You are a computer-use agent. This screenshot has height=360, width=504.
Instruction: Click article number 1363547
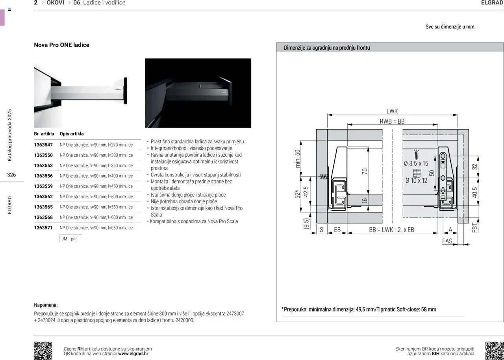click(x=43, y=145)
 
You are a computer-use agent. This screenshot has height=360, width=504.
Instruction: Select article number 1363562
click(x=43, y=197)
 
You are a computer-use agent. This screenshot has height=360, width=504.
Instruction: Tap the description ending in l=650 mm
click(x=96, y=228)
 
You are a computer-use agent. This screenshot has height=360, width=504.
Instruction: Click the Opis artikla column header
click(x=72, y=134)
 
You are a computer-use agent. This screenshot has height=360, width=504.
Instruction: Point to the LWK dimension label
click(x=392, y=111)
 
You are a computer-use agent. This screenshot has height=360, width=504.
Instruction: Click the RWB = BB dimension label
click(x=392, y=122)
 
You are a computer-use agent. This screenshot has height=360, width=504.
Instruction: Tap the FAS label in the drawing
click(x=447, y=241)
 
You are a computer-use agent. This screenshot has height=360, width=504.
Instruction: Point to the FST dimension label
click(x=475, y=227)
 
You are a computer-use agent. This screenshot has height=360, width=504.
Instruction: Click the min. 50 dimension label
click(x=298, y=159)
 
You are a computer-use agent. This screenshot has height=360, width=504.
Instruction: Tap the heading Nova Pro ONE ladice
click(x=62, y=45)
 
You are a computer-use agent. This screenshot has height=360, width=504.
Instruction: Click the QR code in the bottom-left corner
click(x=43, y=351)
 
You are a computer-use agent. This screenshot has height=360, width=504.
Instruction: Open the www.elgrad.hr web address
click(x=133, y=354)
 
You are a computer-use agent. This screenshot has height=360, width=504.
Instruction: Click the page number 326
click(x=11, y=174)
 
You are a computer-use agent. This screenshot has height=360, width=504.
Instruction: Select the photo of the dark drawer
click(x=198, y=93)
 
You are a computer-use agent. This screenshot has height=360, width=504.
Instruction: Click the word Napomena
click(x=46, y=305)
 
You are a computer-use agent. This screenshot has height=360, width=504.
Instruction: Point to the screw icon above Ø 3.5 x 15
click(x=416, y=154)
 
